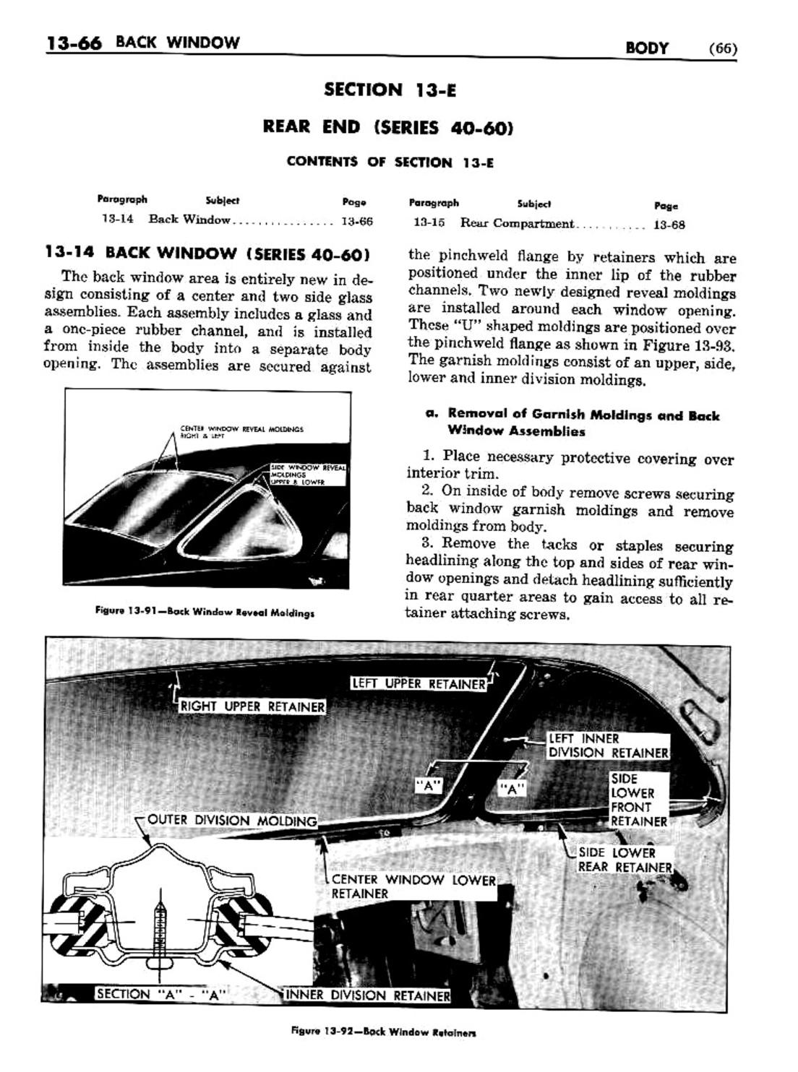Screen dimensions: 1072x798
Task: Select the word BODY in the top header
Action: tap(647, 48)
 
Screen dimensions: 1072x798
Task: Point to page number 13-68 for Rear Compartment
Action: tap(669, 225)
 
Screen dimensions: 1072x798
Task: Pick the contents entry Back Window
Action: tap(189, 220)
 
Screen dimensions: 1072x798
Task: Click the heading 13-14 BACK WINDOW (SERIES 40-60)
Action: tap(207, 254)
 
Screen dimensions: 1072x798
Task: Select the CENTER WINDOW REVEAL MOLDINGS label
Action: tap(241, 432)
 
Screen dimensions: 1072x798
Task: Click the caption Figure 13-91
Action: tap(205, 612)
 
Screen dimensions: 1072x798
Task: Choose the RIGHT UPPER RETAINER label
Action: tap(252, 706)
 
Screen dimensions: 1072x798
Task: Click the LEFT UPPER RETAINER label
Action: tap(419, 683)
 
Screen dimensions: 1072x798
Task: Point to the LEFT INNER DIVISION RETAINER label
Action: tap(608, 745)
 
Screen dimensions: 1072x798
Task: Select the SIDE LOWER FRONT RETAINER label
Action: tap(638, 800)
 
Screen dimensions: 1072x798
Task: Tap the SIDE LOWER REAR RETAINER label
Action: tap(625, 860)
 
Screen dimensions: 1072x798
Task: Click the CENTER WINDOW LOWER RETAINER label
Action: tap(413, 886)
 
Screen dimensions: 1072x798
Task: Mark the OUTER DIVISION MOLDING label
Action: tap(231, 821)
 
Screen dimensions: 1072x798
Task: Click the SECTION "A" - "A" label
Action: tap(161, 994)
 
